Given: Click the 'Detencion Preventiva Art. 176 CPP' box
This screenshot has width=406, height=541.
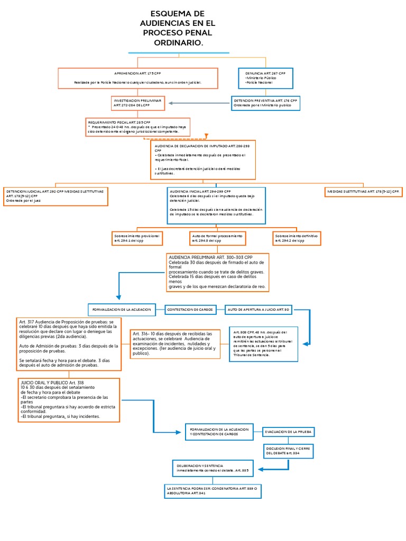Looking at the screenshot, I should point(265,102).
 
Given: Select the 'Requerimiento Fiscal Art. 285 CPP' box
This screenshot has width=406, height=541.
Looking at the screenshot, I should point(137,127).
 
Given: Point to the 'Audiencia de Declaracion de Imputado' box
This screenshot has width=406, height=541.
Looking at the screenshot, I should point(203,160).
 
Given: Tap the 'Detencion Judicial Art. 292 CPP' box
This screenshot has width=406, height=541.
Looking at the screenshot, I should point(56,196).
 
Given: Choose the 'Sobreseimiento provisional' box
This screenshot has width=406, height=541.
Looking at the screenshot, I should point(136,238).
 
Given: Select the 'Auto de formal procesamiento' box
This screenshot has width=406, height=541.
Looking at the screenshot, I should point(217,238).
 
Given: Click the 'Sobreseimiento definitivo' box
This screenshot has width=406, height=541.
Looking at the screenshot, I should point(297,238).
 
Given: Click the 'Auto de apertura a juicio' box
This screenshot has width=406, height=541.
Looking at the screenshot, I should point(259,309).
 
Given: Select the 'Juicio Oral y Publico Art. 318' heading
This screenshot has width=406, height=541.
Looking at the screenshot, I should point(52,382).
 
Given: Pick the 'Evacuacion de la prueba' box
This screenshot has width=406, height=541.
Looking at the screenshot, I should point(289,432).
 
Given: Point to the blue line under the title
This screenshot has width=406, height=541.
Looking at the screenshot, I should point(179,53).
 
